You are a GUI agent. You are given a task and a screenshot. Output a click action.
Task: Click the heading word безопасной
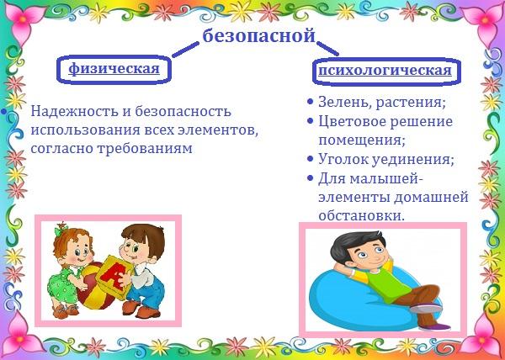[258, 35]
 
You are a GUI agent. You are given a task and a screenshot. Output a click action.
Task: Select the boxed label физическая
[114, 68]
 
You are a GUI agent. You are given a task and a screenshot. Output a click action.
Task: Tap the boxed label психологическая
[385, 71]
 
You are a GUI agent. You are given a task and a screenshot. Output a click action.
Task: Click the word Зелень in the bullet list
[343, 103]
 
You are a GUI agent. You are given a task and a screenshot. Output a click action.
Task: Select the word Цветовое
[351, 121]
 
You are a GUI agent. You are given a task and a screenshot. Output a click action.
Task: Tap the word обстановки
[361, 215]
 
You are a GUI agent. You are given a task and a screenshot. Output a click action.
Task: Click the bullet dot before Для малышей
[310, 178]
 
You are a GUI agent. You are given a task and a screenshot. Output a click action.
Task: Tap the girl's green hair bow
[61, 230]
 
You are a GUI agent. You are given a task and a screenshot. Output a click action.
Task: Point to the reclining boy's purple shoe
[434, 327]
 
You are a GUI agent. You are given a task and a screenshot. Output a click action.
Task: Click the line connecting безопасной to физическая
[185, 50]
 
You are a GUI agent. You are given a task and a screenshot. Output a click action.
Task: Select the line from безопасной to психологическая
[328, 48]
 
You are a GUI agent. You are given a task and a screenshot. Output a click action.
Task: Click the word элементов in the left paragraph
[217, 130]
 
